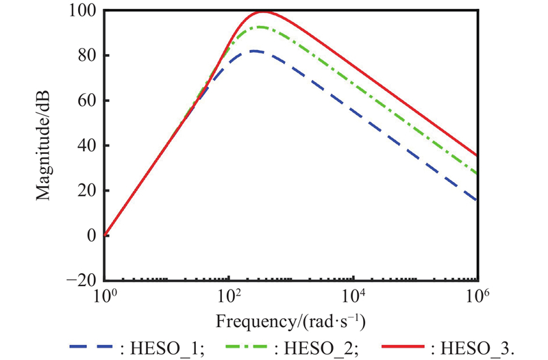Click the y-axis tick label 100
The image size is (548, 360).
(84, 11)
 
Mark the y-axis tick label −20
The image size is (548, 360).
(84, 281)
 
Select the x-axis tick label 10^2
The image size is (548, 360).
(229, 296)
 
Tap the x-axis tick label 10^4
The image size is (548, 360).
(353, 296)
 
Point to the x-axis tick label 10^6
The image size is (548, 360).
(477, 296)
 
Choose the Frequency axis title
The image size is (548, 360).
(290, 320)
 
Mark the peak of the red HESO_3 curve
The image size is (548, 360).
(262, 12)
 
